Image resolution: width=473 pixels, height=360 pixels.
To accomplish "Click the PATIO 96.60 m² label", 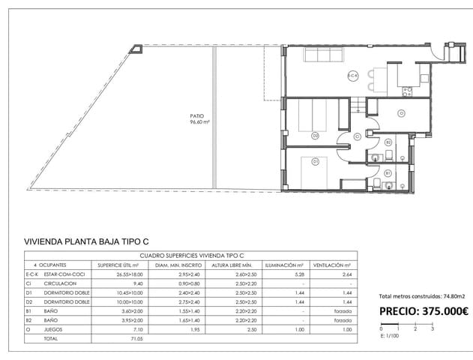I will point(199,118).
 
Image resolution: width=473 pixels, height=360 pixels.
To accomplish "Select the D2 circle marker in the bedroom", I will point(315,135).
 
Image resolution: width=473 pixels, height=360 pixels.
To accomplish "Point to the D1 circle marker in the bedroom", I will point(315,161).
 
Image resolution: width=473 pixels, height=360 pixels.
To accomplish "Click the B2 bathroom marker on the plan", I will point(388,142).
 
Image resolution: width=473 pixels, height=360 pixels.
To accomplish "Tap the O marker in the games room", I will point(401,113).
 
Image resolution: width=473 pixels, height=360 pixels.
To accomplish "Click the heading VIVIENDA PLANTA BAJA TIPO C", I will point(86,241).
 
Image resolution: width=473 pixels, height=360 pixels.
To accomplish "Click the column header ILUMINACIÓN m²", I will point(283,265).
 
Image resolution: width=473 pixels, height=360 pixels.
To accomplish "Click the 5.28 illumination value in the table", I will point(289,274).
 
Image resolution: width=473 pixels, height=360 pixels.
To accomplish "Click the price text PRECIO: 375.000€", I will point(423,312).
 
